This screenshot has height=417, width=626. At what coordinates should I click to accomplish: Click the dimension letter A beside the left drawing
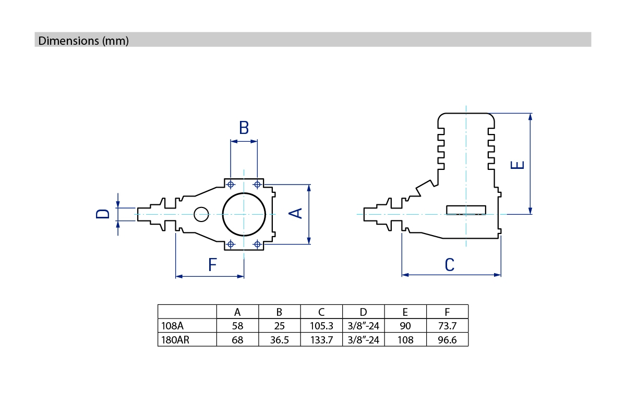click(x=296, y=213)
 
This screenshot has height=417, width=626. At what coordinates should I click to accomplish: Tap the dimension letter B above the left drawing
click(x=244, y=128)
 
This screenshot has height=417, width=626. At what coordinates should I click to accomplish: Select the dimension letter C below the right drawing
click(x=450, y=265)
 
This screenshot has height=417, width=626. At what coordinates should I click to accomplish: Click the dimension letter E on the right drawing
click(x=517, y=165)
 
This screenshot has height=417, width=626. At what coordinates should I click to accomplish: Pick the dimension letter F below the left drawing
click(x=212, y=265)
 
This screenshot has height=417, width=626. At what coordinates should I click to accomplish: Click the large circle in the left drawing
click(x=244, y=214)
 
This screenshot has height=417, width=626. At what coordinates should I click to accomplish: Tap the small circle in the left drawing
click(x=201, y=214)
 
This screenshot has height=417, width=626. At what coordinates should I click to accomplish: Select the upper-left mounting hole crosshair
click(x=231, y=184)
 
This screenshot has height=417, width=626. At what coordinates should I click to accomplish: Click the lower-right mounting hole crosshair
click(x=257, y=243)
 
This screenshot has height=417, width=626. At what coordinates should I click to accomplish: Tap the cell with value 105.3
click(x=321, y=326)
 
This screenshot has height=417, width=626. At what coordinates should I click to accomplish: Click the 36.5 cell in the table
click(x=279, y=340)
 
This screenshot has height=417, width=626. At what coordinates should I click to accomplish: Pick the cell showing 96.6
click(x=447, y=340)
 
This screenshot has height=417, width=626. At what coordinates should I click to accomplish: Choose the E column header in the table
click(x=405, y=312)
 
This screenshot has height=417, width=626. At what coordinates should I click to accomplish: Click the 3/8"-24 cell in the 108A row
click(x=363, y=326)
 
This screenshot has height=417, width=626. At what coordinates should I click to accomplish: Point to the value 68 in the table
click(x=237, y=340)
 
